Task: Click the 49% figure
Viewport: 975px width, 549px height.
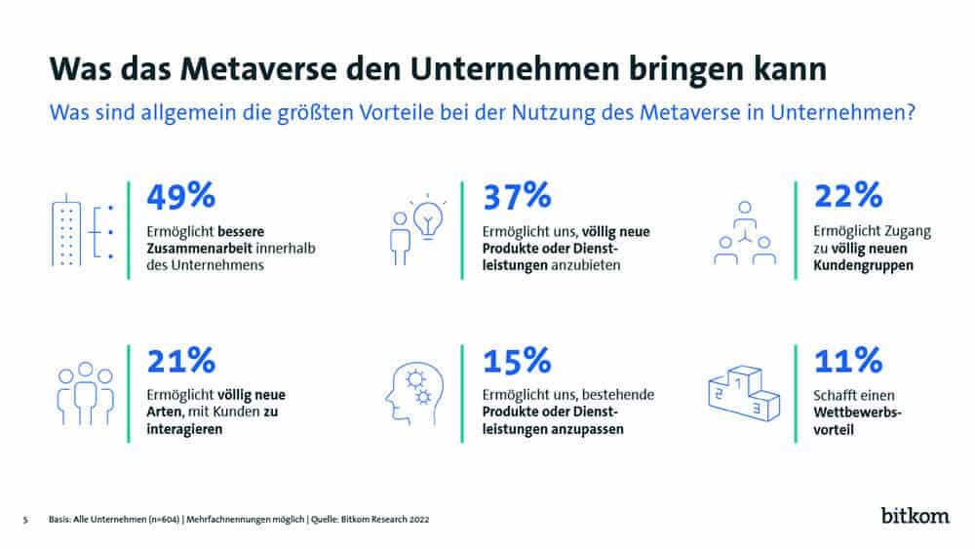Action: click(x=180, y=196)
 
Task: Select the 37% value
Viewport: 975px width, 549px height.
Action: click(x=518, y=196)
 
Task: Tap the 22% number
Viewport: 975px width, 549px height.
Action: click(x=849, y=196)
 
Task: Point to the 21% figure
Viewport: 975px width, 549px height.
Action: click(x=180, y=361)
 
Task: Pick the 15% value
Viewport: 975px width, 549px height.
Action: click(x=518, y=361)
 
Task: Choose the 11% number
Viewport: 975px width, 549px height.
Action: click(x=847, y=361)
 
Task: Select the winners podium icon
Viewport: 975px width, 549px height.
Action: click(x=740, y=394)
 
